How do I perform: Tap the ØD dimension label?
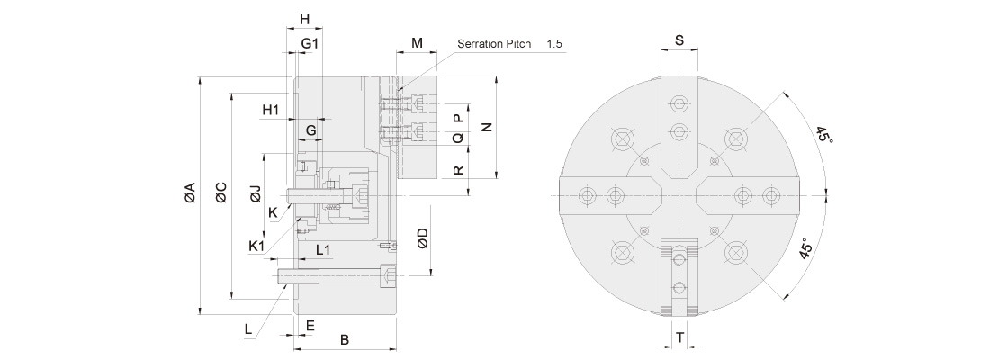click(x=423, y=238)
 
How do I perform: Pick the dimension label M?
click(x=417, y=43)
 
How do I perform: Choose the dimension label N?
click(x=487, y=127)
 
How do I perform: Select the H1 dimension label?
click(x=271, y=110)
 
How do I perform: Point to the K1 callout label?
click(x=256, y=246)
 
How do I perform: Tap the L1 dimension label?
click(x=323, y=249)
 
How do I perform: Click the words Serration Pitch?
click(x=494, y=43)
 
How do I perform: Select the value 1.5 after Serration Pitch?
click(x=554, y=43)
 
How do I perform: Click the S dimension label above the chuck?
click(x=679, y=40)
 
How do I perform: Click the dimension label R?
click(x=457, y=169)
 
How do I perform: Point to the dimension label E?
click(x=310, y=324)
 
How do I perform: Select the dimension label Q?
click(x=457, y=139)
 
